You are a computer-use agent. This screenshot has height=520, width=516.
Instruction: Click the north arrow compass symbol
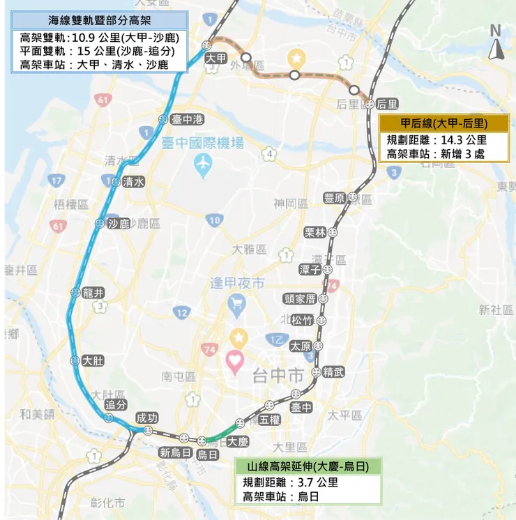(x=496, y=43)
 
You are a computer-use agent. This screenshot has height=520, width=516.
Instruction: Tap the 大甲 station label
(x=216, y=59)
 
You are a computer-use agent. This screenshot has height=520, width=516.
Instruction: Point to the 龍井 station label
(x=93, y=293)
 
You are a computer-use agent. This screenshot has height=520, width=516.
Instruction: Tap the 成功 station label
(x=147, y=418)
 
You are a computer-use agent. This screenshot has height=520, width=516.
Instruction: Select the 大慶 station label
(x=238, y=441)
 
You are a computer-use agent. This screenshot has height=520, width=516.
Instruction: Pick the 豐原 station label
(x=335, y=199)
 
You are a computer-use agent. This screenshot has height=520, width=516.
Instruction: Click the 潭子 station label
(x=309, y=269)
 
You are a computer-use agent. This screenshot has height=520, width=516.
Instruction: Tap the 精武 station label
(x=333, y=372)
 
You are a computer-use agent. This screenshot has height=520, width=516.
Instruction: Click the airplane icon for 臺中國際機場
(x=203, y=165)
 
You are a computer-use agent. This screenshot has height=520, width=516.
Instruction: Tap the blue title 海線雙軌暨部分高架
(x=99, y=20)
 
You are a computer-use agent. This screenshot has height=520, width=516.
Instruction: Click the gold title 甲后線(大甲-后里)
(x=444, y=123)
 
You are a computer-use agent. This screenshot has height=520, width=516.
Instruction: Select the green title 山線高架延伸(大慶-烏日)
(x=307, y=466)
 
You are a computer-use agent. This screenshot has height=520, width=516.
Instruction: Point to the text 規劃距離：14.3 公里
(x=437, y=139)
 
